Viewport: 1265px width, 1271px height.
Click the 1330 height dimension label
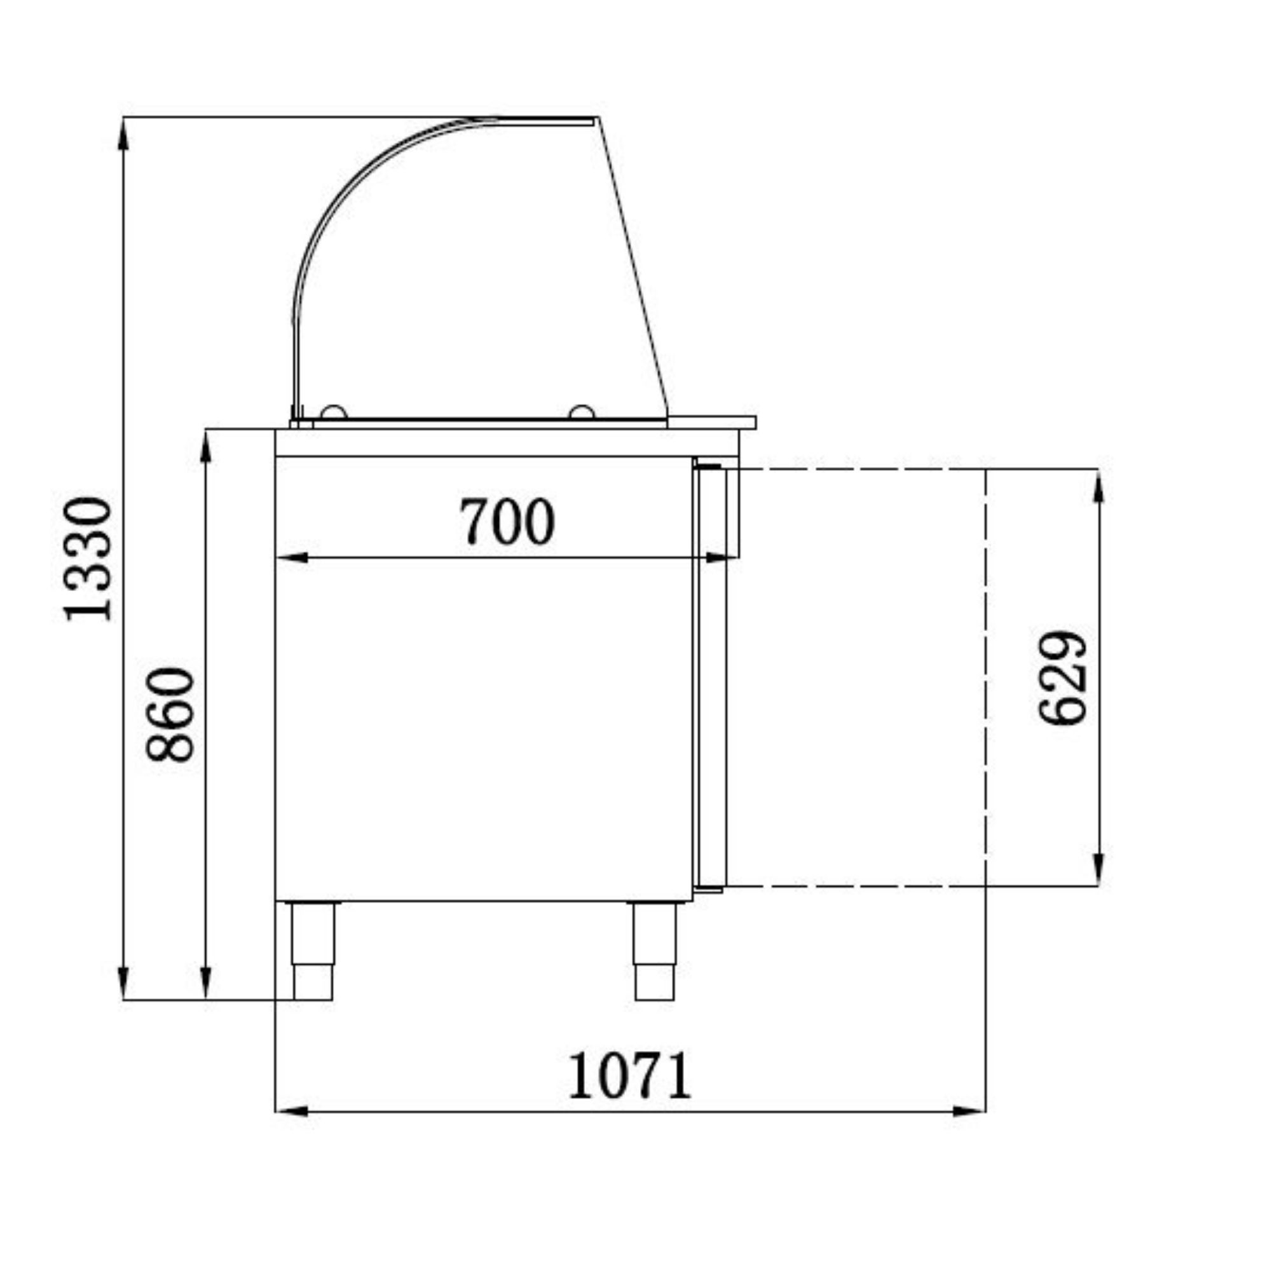pos(88,559)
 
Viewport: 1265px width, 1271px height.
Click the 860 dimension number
pos(170,714)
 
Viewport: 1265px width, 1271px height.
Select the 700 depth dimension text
pos(507,522)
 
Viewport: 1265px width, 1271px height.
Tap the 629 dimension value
pos(1062,678)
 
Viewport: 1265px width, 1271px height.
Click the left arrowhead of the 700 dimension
pos(293,558)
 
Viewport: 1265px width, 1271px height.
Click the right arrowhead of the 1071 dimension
pos(969,1111)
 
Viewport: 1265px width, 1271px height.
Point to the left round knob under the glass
pos(334,412)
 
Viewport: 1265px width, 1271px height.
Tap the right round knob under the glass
pos(582,412)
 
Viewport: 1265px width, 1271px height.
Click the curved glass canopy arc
pos(349,191)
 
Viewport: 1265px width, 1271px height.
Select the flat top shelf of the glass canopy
pos(546,119)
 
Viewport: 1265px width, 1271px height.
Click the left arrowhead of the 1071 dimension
pos(292,1111)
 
